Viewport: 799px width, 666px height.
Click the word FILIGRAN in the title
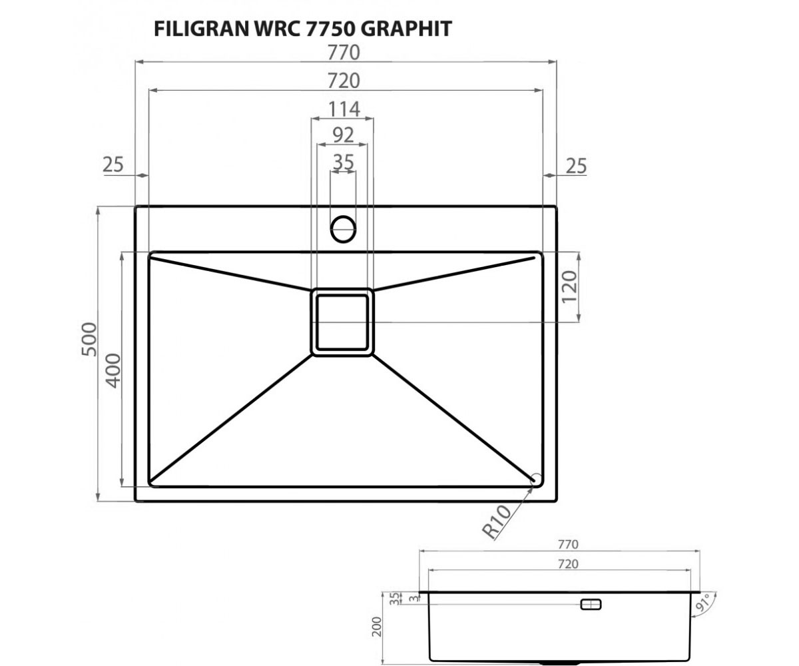click(x=201, y=29)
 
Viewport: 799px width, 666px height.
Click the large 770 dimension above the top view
click(x=344, y=53)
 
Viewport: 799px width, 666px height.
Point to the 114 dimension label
click(x=344, y=109)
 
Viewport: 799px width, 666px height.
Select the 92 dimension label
click(x=344, y=135)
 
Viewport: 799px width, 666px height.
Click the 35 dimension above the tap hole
click(x=344, y=163)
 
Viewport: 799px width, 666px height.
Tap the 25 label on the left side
click(x=113, y=165)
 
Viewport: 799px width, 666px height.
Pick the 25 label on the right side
click(x=576, y=166)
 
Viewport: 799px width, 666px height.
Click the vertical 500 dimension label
click(x=89, y=340)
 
